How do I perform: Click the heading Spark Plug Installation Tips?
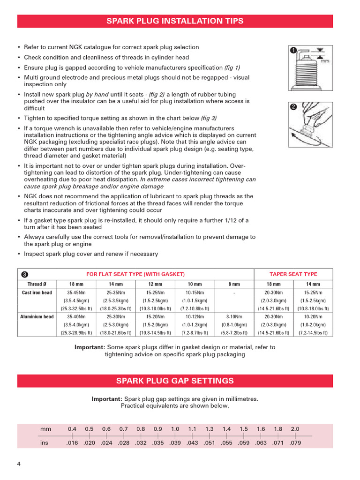[x=175, y=21]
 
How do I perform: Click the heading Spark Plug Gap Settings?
[x=175, y=381]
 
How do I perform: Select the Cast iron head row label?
[x=37, y=293]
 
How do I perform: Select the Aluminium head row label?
[x=37, y=317]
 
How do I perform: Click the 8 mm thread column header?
[x=233, y=284]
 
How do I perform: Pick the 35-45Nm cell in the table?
[x=76, y=293]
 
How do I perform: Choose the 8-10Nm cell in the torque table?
[x=233, y=317]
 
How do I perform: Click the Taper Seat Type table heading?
[x=293, y=274]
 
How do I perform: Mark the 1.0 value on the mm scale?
[x=175, y=429]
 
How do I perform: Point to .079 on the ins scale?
[x=295, y=443]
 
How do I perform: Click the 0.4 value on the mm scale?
[x=72, y=429]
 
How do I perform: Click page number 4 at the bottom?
[x=19, y=464]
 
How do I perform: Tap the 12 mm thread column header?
[x=155, y=284]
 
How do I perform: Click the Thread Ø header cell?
[x=37, y=284]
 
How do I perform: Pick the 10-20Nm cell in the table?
[x=313, y=317]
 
